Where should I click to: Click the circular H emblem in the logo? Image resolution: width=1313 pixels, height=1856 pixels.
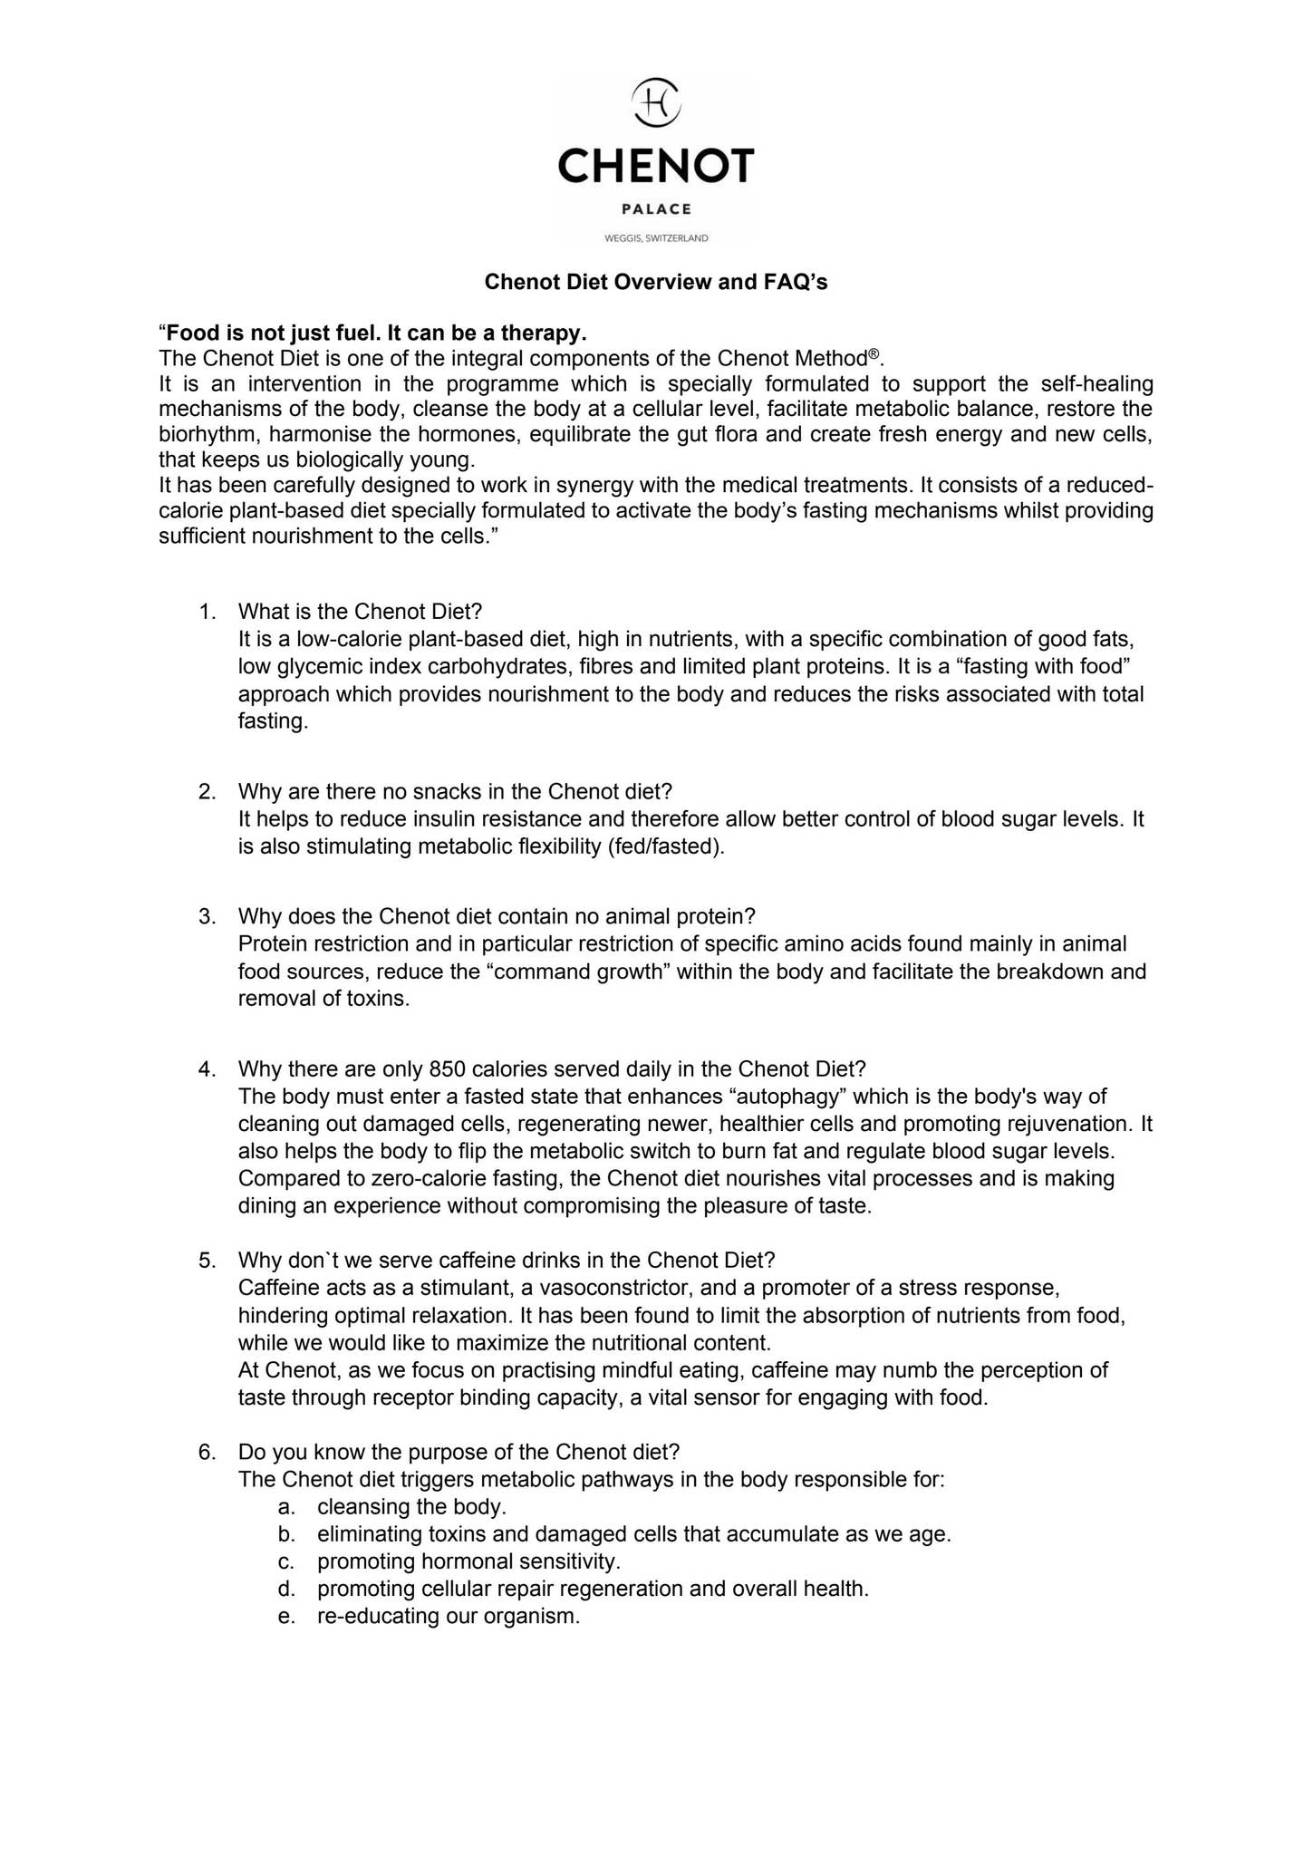pyautogui.click(x=656, y=101)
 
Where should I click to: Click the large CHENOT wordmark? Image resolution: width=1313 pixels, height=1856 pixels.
pyautogui.click(x=656, y=166)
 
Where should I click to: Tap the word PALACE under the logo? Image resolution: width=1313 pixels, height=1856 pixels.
pyautogui.click(x=656, y=209)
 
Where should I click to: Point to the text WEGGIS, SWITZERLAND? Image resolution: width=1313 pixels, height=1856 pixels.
pyautogui.click(x=656, y=238)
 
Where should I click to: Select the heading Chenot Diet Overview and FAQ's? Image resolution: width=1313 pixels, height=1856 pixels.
pyautogui.click(x=656, y=282)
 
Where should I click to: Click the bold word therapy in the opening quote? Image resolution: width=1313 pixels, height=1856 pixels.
pyautogui.click(x=540, y=333)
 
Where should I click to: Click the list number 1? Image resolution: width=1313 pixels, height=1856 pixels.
pyautogui.click(x=208, y=611)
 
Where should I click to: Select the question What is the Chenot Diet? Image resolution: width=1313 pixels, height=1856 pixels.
pyautogui.click(x=360, y=611)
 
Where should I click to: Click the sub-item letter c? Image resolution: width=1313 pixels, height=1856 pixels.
pyautogui.click(x=286, y=1561)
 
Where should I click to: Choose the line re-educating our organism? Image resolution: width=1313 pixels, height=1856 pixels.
pyautogui.click(x=448, y=1616)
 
